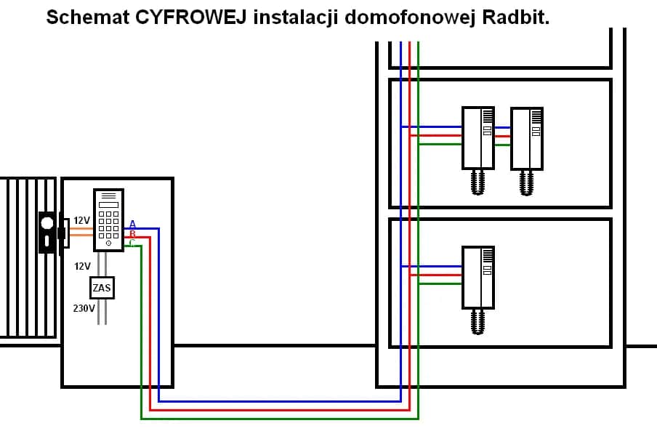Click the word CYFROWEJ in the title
(193, 18)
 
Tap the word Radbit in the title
(513, 18)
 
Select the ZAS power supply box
(102, 288)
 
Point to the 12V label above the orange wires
(81, 219)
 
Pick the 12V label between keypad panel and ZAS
(82, 266)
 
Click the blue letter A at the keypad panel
(132, 224)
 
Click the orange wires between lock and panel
(81, 231)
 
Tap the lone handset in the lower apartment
(478, 277)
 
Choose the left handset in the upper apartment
(478, 138)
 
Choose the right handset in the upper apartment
(527, 138)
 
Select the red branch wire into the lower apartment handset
(436, 275)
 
